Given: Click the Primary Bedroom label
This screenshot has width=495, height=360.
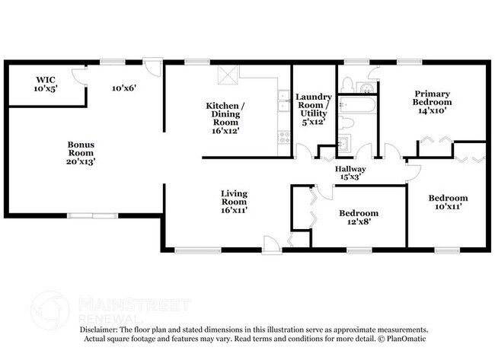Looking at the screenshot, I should pyautogui.click(x=432, y=102).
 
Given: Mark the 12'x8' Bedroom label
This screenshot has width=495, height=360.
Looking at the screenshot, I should pyautogui.click(x=358, y=218).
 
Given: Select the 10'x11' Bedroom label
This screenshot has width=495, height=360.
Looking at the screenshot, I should pyautogui.click(x=448, y=203).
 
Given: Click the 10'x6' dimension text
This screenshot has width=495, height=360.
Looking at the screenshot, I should pyautogui.click(x=123, y=88).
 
